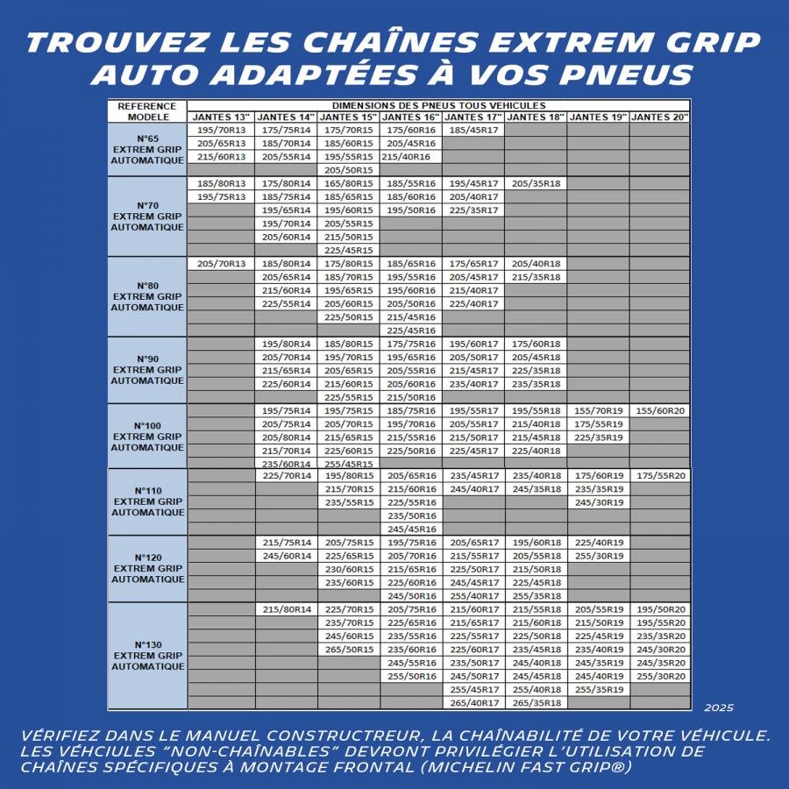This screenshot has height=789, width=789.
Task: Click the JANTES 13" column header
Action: (x=221, y=117)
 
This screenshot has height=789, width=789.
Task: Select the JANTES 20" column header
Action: (x=659, y=117)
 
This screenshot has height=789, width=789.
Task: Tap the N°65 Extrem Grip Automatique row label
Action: (x=147, y=149)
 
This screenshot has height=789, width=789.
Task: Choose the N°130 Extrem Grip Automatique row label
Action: (x=147, y=656)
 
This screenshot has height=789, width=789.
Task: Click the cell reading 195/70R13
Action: (x=221, y=130)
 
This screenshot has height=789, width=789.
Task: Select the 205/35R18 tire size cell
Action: (x=536, y=183)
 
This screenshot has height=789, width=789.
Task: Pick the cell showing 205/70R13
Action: (x=221, y=263)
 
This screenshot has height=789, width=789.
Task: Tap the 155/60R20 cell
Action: (x=659, y=410)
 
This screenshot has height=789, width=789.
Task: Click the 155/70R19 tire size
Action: (x=598, y=410)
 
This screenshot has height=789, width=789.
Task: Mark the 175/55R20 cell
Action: (x=659, y=475)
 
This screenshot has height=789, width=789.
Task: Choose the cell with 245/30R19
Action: (x=598, y=502)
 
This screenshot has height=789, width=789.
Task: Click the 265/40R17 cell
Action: (x=473, y=702)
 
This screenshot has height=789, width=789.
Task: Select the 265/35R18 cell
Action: (x=536, y=702)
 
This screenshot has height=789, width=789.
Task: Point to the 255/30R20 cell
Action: (x=659, y=676)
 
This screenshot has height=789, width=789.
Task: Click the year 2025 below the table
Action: (x=718, y=707)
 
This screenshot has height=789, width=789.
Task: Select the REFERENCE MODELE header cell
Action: (x=147, y=111)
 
